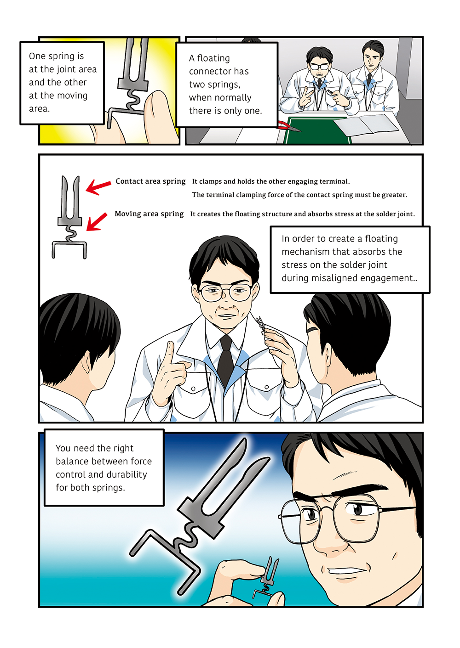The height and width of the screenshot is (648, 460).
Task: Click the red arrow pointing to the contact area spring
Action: (98, 186)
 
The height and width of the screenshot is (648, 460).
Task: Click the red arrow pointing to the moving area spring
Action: (97, 222)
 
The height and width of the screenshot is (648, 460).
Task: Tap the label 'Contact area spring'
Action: (150, 181)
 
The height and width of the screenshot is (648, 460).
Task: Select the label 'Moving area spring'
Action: (149, 214)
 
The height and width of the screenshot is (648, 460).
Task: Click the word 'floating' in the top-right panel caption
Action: (213, 58)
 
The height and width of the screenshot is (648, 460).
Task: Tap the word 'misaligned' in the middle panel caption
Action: (333, 278)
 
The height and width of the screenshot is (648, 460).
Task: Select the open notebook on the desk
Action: (367, 124)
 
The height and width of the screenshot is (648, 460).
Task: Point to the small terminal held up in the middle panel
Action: (261, 325)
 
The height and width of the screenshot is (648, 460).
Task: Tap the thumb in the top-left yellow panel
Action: (158, 114)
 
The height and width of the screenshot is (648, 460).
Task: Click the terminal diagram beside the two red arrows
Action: (69, 217)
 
